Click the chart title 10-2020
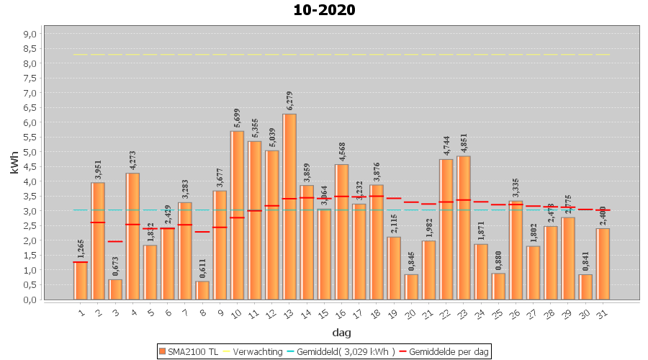click(324, 10)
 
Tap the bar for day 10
click(237, 215)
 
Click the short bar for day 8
click(202, 290)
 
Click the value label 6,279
click(289, 100)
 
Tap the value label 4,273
click(132, 159)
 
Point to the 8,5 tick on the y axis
click(30, 49)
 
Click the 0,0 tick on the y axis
click(30, 300)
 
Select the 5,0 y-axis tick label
click(30, 152)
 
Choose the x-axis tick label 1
click(81, 312)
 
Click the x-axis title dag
click(341, 332)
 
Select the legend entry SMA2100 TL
click(188, 351)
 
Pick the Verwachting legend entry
click(251, 351)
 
